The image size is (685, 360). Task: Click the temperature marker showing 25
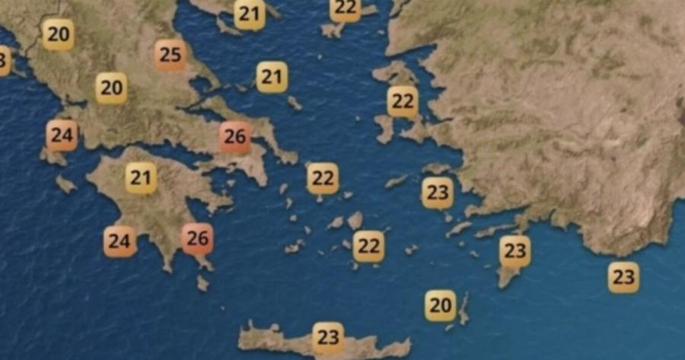pos(170,55)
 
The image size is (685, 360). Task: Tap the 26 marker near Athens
pos(235,137)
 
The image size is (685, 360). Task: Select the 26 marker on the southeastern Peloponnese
pos(198,238)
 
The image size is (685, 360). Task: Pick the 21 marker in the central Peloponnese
pos(141,178)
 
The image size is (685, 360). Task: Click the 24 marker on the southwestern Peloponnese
pos(119,242)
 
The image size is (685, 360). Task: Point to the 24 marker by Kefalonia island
pos(62,136)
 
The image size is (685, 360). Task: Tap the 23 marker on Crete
pos(328,336)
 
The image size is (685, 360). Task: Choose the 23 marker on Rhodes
pos(515,250)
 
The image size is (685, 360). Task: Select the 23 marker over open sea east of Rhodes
pos(623,277)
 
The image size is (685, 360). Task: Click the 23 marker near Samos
pos(437,193)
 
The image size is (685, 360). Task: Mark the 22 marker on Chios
pos(403,101)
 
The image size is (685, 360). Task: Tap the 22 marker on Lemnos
pos(346,9)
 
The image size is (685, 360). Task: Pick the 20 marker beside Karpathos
pos(440,305)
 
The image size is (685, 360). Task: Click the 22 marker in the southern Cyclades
pos(368,246)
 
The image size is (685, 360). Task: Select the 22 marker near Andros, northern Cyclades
pos(323,179)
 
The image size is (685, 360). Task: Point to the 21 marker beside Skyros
pos(272,77)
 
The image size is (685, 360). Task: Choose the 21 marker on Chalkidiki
pos(250,14)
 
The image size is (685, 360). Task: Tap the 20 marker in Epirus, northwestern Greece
pos(58,34)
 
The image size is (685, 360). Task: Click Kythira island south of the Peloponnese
pos(202,283)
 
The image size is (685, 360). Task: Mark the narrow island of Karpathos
pos(464,309)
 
